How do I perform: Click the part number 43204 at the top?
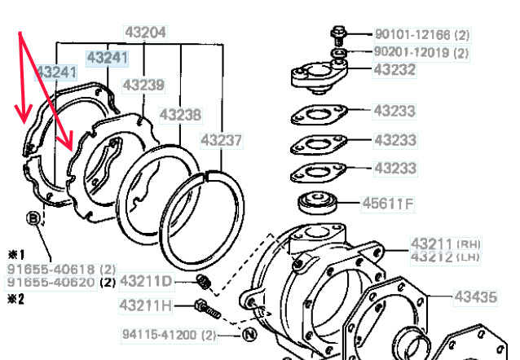point(146,33)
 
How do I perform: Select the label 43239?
point(143,86)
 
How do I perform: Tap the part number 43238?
point(180,115)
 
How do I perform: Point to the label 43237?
point(222,140)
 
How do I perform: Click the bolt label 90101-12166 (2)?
point(422,34)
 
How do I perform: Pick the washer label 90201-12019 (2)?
point(421,52)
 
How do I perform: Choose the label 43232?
point(394,69)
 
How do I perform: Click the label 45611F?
point(388,204)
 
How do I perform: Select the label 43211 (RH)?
point(445,244)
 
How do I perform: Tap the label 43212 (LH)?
point(445,257)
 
